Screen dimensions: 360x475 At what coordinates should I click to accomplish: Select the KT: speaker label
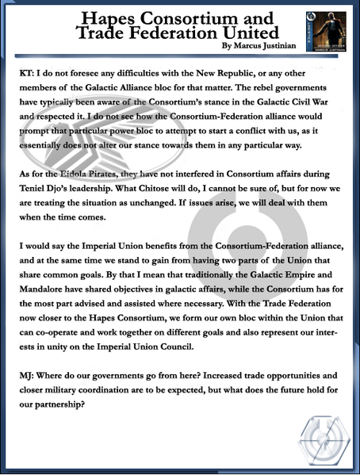[x=26, y=71]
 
